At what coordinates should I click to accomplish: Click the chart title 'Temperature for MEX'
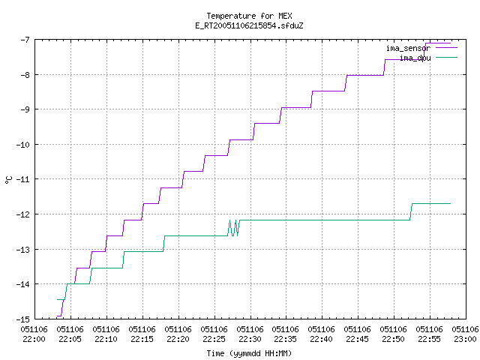tap(249, 16)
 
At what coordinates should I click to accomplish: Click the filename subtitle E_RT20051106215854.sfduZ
tap(249, 25)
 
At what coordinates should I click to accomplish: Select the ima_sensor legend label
tap(408, 48)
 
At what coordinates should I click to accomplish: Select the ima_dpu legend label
tap(415, 58)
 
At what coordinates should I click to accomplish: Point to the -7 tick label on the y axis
tap(25, 40)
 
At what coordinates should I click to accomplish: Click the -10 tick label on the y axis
tap(23, 145)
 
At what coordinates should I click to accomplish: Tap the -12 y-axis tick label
tap(23, 214)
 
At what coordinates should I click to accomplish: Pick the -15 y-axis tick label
tap(23, 319)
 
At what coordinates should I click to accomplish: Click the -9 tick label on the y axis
tap(25, 109)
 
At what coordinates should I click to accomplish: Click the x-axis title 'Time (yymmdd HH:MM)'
tap(249, 353)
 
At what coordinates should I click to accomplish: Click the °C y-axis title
tap(8, 180)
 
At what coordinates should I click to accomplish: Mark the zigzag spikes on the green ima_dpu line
tap(233, 228)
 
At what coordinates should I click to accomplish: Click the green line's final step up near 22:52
tap(411, 211)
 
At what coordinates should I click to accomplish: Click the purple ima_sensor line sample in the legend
tap(446, 48)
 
